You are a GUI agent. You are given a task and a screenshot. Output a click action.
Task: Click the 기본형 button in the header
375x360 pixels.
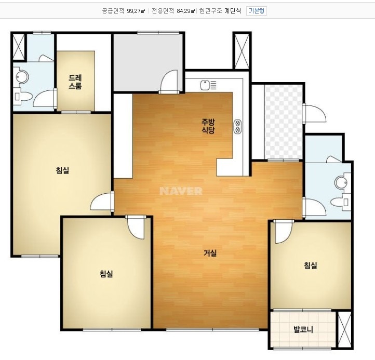pos(257,11)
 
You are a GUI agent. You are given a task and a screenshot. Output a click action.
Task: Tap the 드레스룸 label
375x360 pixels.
pos(75,82)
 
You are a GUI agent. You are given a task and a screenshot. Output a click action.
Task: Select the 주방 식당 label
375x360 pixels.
pos(208,126)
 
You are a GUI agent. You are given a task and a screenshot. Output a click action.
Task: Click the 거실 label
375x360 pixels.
pos(210,253)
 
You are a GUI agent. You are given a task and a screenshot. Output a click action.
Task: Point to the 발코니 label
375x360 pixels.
pos(303,330)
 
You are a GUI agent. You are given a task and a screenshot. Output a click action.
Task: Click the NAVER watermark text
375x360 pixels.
pos(181,191)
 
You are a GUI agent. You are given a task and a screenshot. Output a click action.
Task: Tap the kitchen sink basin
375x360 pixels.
pos(205,85)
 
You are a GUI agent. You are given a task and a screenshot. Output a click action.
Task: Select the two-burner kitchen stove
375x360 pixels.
pos(238,127)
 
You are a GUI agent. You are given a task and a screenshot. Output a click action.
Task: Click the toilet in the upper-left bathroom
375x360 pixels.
pos(23,97)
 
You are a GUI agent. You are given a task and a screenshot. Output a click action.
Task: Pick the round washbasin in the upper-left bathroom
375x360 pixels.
pos(22,77)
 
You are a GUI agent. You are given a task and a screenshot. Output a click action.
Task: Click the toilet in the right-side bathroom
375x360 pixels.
pos(341,202)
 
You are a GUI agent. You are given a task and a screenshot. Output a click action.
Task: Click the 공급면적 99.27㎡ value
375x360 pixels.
pos(136,11)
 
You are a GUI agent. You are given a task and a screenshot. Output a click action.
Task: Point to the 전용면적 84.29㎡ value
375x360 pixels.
pos(185,11)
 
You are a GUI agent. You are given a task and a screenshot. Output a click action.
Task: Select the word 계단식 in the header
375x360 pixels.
pos(233,11)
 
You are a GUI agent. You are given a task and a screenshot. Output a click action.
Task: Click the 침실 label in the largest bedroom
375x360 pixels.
pos(62,170)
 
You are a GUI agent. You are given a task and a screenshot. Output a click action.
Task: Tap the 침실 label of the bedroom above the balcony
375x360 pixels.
pos(311,265)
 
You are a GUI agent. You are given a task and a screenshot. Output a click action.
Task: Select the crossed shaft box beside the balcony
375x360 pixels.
pos(345,330)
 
